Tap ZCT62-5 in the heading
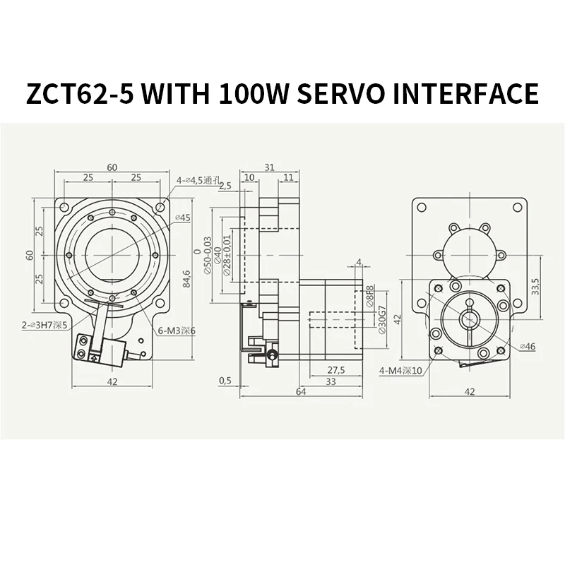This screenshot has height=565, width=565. [80, 93]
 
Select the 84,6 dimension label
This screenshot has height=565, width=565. [186, 279]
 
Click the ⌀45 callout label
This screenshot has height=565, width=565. [183, 218]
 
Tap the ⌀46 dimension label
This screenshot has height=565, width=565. [528, 347]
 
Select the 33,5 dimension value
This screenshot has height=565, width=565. [535, 287]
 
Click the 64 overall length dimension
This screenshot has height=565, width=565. [301, 391]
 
